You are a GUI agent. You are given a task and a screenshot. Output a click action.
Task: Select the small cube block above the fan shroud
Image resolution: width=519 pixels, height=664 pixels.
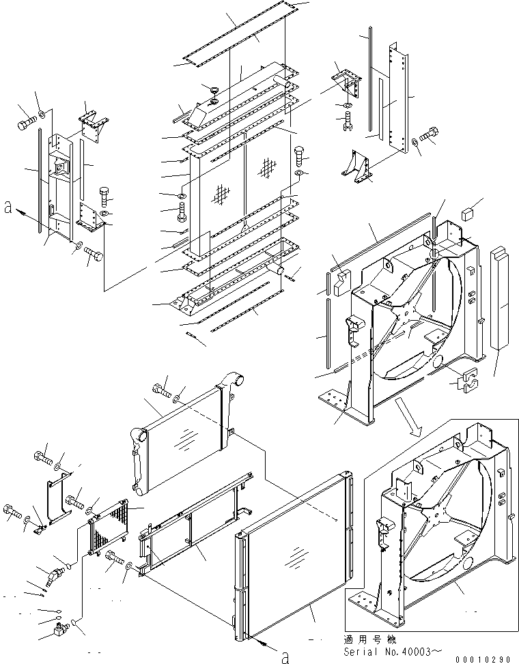pyautogui.click(x=468, y=214)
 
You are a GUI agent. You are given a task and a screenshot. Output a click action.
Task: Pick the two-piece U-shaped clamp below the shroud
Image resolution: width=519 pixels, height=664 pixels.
pyautogui.click(x=464, y=381)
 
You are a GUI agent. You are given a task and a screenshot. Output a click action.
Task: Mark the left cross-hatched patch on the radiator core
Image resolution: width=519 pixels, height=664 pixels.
pyautogui.click(x=220, y=194)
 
